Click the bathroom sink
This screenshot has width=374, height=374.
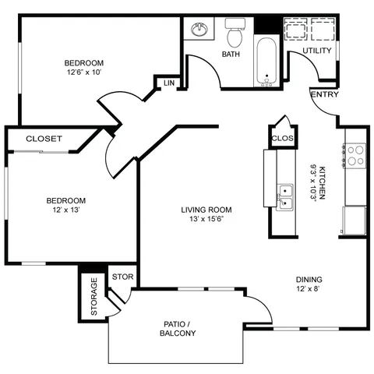point(199,29)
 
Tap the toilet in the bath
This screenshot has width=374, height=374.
point(235,32)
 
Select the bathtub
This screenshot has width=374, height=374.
point(266,62)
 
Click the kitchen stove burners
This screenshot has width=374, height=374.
point(355,156)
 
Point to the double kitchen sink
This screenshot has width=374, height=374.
point(285,197)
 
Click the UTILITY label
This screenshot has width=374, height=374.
point(317,51)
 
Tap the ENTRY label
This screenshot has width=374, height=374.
point(325,94)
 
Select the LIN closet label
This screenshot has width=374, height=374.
point(169,83)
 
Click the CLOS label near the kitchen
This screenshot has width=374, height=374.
point(283,138)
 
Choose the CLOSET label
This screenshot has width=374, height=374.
point(44,139)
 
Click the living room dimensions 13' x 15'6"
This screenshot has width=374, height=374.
point(206,219)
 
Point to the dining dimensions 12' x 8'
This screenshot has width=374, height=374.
point(308,288)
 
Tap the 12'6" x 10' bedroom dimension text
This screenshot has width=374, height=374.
point(84,72)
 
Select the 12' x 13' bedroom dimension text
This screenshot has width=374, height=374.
point(66,210)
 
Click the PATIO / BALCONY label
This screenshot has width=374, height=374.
point(178,329)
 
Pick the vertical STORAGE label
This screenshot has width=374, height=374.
point(93,297)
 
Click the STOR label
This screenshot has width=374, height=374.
point(122,277)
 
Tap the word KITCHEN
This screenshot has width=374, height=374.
point(322,183)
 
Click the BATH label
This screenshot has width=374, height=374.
point(231,54)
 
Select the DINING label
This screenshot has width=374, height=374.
point(309,280)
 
